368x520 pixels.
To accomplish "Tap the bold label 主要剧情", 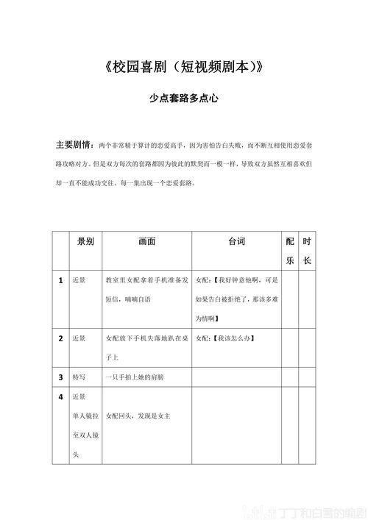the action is coord(74,143).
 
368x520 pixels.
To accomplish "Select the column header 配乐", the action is coord(290,251).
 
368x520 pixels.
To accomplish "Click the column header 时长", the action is coord(308,251).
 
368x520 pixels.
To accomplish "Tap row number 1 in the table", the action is coord(60,280).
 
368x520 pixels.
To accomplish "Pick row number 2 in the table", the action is coord(60,338).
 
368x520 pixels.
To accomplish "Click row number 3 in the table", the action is coord(60,377).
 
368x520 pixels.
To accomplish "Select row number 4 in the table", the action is coord(60,397).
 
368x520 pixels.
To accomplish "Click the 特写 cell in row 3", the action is coord(79,377).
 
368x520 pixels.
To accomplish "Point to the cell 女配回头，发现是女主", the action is coord(138,416).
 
